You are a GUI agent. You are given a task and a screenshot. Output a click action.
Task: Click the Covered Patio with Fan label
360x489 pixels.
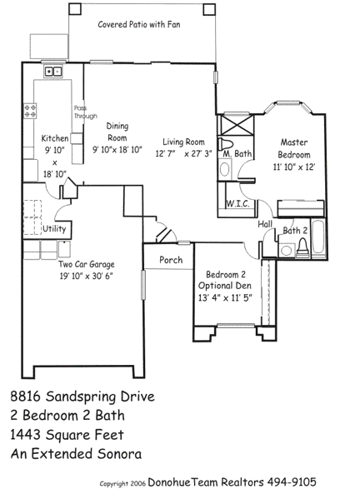tap(139, 24)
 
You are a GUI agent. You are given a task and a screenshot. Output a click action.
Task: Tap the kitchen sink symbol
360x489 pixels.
tap(52, 72)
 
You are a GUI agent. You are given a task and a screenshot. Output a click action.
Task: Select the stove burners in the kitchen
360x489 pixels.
tap(30, 111)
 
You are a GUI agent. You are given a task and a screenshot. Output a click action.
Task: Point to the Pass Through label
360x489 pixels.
tap(85, 112)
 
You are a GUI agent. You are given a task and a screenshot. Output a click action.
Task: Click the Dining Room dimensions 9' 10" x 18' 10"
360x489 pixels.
tap(117, 150)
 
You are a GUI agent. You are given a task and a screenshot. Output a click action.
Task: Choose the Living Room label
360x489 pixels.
tap(183, 142)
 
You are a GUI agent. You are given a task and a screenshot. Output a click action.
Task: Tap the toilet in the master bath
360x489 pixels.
tap(226, 144)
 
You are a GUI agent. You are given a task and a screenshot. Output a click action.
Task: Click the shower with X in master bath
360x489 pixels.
tap(236, 125)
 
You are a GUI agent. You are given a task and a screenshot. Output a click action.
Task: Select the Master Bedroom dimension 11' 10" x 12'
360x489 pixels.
tap(294, 167)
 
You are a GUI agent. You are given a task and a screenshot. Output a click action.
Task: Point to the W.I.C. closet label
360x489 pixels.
tap(237, 203)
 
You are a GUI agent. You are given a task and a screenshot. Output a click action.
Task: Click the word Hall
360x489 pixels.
tap(265, 224)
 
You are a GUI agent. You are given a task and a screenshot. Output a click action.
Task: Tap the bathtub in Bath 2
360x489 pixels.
tap(318, 238)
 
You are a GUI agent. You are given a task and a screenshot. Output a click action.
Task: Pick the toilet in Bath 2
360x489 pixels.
tap(302, 247)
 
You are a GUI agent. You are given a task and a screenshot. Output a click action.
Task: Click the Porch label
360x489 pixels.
tap(171, 260)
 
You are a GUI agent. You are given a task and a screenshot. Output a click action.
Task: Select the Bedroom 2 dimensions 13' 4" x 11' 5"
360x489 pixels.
tap(225, 297)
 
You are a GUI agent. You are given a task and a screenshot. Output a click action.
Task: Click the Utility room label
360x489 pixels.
tap(54, 228)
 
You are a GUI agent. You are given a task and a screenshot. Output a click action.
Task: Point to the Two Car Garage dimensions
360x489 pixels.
tap(86, 276)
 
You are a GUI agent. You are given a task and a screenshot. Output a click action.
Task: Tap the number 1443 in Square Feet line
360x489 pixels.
tap(27, 435)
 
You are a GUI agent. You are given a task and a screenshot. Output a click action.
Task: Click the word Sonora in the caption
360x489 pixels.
tap(119, 454)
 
